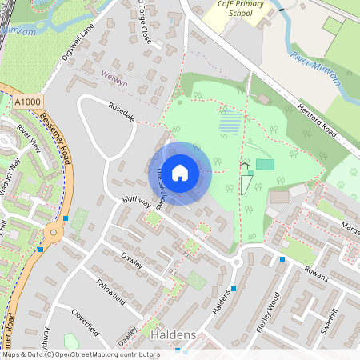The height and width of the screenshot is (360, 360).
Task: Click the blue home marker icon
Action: [180, 172]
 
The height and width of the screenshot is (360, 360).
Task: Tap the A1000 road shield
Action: [27, 102]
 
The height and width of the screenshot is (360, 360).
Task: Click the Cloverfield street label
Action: [89, 318]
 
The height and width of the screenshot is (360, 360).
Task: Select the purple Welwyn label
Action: [115, 74]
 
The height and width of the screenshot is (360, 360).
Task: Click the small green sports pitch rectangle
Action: [265, 164]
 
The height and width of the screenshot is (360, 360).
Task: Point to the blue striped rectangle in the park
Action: [230, 122]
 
